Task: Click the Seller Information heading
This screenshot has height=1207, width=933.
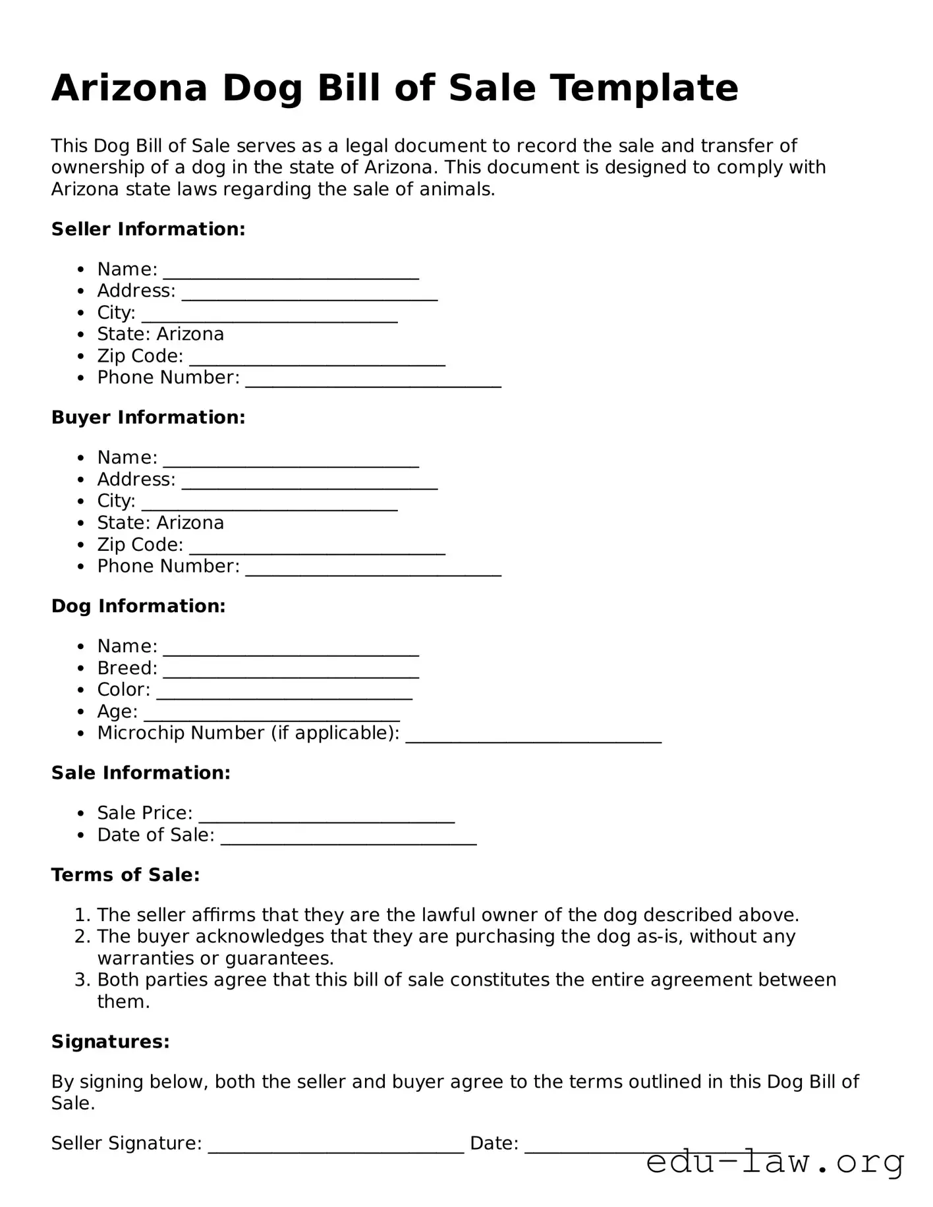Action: [148, 229]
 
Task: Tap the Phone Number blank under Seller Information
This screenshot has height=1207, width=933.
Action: [373, 381]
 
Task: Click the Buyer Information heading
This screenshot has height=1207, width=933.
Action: [148, 418]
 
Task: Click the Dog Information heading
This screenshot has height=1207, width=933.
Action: [138, 606]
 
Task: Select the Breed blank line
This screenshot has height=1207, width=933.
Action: [291, 671]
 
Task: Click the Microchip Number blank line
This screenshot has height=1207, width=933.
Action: [533, 737]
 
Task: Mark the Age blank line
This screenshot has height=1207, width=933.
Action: [271, 715]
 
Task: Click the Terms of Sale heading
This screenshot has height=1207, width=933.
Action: [125, 875]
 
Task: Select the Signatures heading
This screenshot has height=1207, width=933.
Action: [111, 1042]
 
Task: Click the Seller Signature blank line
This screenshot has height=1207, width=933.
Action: [336, 1146]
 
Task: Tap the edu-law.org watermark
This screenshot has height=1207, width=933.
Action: [774, 1162]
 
